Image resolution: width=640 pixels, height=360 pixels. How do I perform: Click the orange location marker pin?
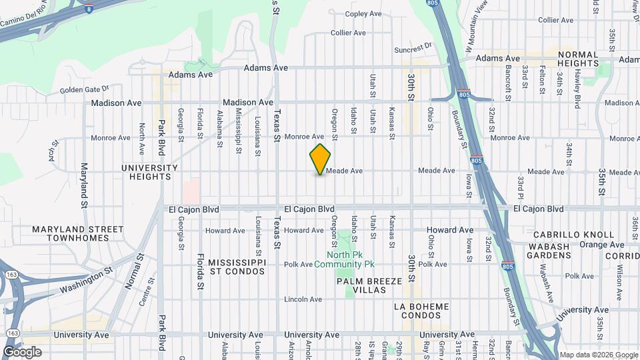tap(320, 159)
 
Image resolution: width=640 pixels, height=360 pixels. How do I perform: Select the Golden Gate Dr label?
tap(84, 90)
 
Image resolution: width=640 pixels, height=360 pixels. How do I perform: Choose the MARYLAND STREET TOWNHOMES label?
tap(78, 234)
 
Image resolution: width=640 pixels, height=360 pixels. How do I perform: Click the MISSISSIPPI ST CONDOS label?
tap(236, 267)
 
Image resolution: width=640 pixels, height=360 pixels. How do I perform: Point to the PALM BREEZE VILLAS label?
tap(369, 286)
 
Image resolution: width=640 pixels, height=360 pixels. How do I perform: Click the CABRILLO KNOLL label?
tap(573, 235)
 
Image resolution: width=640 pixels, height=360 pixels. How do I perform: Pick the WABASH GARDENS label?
tap(550, 251)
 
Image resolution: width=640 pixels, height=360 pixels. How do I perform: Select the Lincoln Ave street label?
tap(299, 299)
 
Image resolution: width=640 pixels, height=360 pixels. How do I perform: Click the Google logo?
tap(22, 352)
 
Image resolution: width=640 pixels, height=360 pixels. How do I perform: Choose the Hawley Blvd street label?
tap(577, 83)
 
